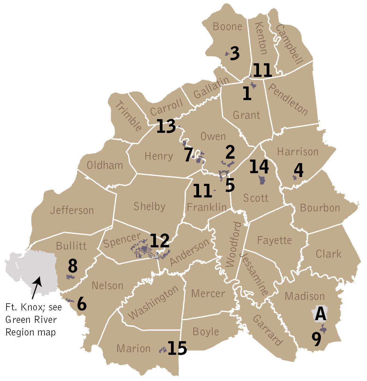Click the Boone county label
coord(227,27)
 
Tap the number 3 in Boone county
coord(235,53)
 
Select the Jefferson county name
coord(72,210)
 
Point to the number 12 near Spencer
coord(160,241)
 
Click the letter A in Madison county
coord(320,314)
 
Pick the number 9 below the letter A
coord(317,339)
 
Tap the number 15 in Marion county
coord(177,348)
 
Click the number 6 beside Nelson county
coord(82,304)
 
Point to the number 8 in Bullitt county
coord(73,266)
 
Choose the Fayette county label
coord(274,240)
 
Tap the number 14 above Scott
coord(259,166)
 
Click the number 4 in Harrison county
coord(299,170)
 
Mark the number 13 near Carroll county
coord(166,126)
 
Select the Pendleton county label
coord(288,99)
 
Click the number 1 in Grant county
coord(247,93)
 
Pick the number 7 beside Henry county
coord(188,155)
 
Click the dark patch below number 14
coord(262,180)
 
